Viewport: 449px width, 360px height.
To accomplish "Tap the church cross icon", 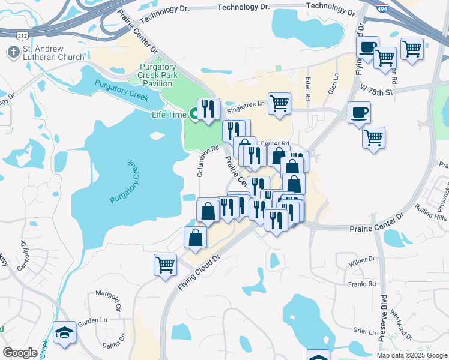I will (x=12, y=52).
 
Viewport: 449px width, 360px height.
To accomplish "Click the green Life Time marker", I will (x=194, y=113).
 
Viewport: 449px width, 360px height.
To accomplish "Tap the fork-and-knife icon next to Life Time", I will (x=208, y=109).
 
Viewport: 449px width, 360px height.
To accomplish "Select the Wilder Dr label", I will (x=361, y=259).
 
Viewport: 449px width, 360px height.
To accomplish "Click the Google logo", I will (x=20, y=352).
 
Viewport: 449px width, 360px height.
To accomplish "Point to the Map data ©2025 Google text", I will (x=411, y=355).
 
